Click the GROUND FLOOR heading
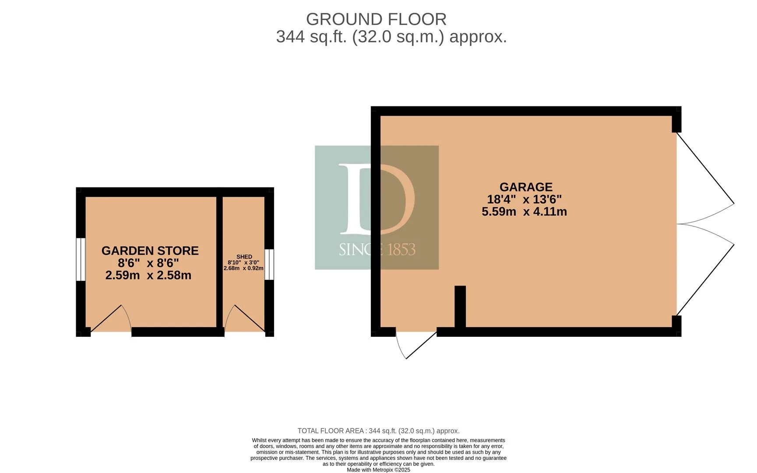(376, 19)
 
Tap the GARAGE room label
(526, 187)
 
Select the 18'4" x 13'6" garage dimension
(524, 199)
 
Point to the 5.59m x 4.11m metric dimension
(524, 212)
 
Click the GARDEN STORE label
(150, 251)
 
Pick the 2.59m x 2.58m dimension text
(148, 275)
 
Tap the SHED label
(244, 257)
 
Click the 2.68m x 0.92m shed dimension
(243, 268)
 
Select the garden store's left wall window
(81, 259)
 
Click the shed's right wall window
(270, 264)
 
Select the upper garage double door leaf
(705, 177)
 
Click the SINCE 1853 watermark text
(377, 250)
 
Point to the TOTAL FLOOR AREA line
(378, 431)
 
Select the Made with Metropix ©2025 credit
(378, 470)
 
